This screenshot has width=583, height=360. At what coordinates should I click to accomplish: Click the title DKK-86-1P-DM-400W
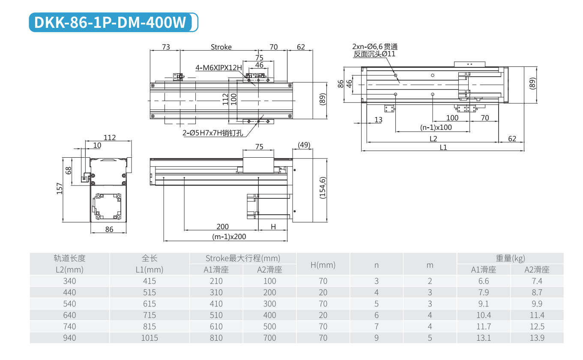click(111, 23)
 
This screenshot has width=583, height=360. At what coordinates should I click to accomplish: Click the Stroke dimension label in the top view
click(221, 47)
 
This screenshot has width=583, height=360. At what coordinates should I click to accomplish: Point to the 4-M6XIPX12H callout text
click(218, 67)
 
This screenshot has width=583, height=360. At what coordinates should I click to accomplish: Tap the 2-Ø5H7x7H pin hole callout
click(212, 133)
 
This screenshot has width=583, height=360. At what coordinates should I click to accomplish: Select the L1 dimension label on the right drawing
click(443, 147)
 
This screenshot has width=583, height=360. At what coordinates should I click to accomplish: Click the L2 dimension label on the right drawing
click(433, 138)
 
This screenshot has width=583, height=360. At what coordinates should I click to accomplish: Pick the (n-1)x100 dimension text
click(436, 127)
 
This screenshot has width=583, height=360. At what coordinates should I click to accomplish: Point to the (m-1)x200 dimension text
click(229, 236)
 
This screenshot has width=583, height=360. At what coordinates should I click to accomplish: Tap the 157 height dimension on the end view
click(60, 188)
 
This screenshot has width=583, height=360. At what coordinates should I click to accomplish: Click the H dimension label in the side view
click(273, 226)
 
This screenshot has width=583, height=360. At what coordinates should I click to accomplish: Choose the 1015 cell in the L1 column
click(149, 338)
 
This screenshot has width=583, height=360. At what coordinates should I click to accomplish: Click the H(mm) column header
click(323, 265)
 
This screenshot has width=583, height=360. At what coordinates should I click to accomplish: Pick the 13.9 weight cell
click(537, 338)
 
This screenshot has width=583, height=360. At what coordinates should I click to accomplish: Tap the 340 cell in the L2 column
click(69, 281)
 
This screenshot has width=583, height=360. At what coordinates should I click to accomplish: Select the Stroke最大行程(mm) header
click(243, 258)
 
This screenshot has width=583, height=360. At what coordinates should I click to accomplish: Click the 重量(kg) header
click(510, 258)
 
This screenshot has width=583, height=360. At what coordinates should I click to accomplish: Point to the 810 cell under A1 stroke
click(216, 338)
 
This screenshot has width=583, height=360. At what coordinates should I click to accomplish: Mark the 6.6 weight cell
click(484, 281)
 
